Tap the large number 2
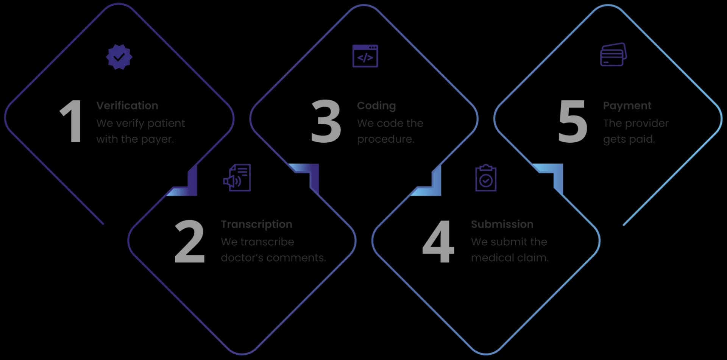189,241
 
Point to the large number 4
438,241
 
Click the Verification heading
127,106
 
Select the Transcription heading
256,224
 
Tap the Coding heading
376,106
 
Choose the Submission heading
502,224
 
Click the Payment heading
627,106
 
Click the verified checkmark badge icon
119,57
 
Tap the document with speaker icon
237,178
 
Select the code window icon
365,56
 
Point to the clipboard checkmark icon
486,178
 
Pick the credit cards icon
613,55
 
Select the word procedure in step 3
385,139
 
